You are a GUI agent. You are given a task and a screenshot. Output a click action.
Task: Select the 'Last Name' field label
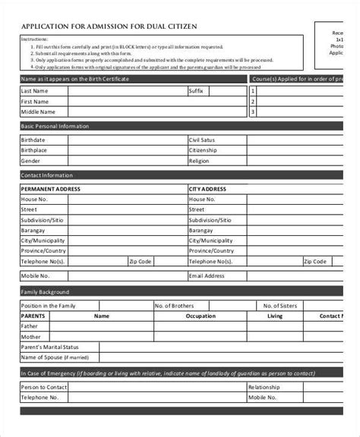[x=33, y=90]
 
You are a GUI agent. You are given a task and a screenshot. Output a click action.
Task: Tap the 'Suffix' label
[x=197, y=90]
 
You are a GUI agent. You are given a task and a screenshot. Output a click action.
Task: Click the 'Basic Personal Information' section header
[x=55, y=126]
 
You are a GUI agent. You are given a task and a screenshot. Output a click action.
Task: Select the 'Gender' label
[x=30, y=161]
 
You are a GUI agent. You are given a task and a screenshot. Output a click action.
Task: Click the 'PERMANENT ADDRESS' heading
[x=50, y=188]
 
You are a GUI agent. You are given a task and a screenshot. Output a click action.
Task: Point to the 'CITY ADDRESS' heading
[x=207, y=188]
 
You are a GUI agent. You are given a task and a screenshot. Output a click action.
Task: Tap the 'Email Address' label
[x=207, y=275]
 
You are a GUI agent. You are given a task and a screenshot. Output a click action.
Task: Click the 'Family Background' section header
[x=46, y=292]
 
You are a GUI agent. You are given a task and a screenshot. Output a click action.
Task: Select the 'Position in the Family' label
[x=48, y=306]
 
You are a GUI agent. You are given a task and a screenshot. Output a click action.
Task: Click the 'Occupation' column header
[x=201, y=316]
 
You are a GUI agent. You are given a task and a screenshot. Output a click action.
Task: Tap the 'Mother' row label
[x=31, y=336]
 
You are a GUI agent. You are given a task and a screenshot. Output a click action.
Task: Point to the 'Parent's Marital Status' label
[x=50, y=347]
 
